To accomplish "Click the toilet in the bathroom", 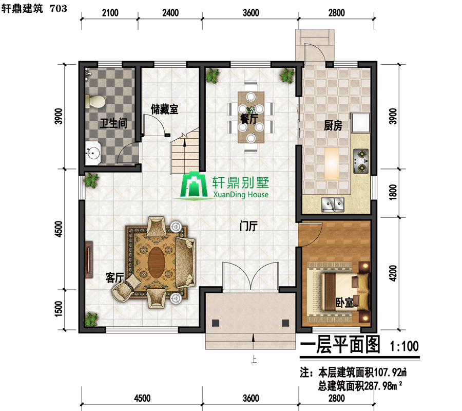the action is (x=95, y=102).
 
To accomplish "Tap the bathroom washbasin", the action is (x=93, y=153).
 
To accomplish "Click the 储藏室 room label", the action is (x=164, y=109).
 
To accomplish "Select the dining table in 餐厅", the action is (x=251, y=117).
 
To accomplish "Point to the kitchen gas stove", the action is (x=361, y=161).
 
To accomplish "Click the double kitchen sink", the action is (x=333, y=204).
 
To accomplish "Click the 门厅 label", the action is (x=248, y=227).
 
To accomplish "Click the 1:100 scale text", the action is (x=404, y=346).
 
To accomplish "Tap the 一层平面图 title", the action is (x=340, y=344).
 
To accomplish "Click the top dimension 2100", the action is (x=110, y=13).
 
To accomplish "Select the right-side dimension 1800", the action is (x=393, y=192).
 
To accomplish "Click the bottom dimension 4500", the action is (x=142, y=398).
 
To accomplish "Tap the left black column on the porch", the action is (x=216, y=323).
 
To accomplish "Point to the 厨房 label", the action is (x=333, y=126).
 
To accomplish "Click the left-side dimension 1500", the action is (x=59, y=309).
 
